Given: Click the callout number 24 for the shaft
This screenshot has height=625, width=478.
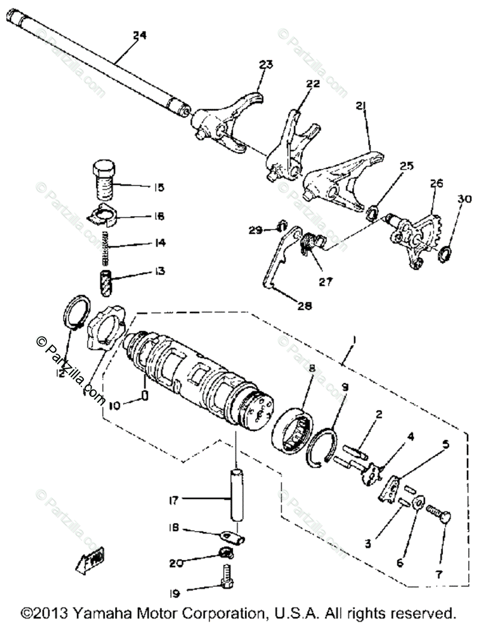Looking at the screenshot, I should tap(140, 35).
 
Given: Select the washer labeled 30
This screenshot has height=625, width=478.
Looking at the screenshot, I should tap(445, 254).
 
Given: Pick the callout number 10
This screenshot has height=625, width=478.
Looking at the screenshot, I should tap(116, 404).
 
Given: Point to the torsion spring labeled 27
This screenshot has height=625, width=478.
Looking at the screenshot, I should tap(310, 243).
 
